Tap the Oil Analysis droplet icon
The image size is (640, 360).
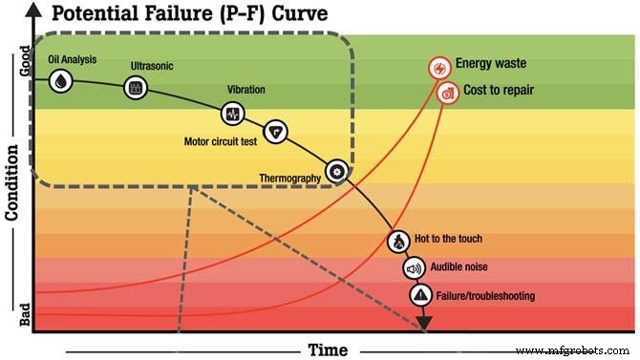point(61,81)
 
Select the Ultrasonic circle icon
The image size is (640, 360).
point(138,87)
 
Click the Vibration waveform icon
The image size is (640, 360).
point(232,114)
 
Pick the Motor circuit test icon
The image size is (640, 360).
point(275,131)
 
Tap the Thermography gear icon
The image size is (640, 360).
point(336,171)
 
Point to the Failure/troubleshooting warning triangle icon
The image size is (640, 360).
point(420,295)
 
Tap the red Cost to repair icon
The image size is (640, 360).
point(447,93)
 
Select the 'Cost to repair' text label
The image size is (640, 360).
point(498,91)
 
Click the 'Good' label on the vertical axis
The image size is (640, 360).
point(25,65)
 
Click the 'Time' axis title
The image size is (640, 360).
point(328,349)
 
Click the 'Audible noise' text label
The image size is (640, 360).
point(462,267)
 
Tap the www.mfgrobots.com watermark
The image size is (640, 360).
point(584,350)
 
